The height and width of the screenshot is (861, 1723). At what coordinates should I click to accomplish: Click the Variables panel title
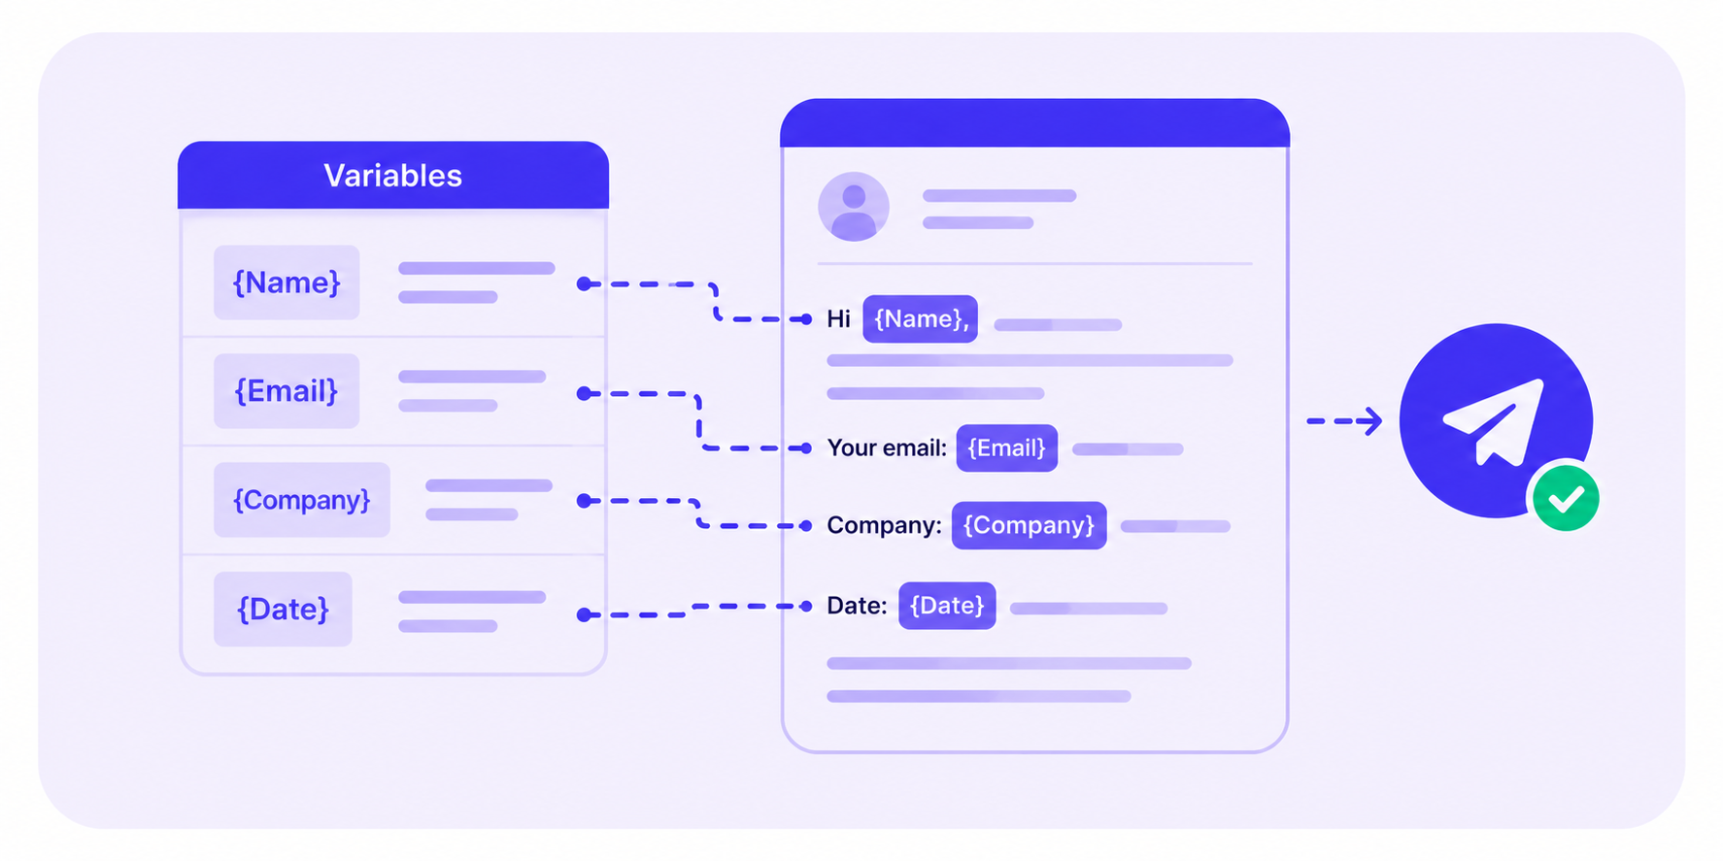pos(392,176)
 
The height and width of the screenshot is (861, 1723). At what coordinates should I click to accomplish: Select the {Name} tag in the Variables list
pos(287,282)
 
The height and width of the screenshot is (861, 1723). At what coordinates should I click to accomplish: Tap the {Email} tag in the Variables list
pos(287,391)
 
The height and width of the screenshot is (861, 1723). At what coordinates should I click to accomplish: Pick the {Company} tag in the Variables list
pos(302,500)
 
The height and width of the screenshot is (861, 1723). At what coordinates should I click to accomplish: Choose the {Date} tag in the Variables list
pos(283,610)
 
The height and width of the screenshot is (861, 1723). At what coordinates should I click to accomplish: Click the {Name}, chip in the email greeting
pos(921,318)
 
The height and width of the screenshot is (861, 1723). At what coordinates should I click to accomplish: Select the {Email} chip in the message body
pos(1006,448)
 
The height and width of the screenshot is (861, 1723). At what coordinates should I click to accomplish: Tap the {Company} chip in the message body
pos(1029,525)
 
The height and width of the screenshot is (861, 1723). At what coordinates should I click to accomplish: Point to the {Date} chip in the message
pos(947,606)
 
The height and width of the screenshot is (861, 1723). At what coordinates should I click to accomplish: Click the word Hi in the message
pos(838,319)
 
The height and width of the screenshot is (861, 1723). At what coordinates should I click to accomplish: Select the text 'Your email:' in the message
pos(887,448)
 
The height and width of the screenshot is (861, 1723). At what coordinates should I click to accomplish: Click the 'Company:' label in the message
pos(884,525)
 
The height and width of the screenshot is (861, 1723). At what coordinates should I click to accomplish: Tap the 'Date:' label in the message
pos(857,606)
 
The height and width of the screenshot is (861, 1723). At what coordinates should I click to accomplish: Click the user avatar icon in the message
pos(854,207)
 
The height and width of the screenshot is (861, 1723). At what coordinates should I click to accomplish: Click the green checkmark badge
pos(1566,498)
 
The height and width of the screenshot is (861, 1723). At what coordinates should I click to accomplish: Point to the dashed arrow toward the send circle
pos(1344,421)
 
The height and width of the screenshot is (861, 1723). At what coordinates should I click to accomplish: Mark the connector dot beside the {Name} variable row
pos(584,284)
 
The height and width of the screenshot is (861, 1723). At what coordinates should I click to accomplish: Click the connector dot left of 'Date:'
pos(805,607)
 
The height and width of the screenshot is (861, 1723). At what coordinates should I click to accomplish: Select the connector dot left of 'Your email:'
pos(805,448)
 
